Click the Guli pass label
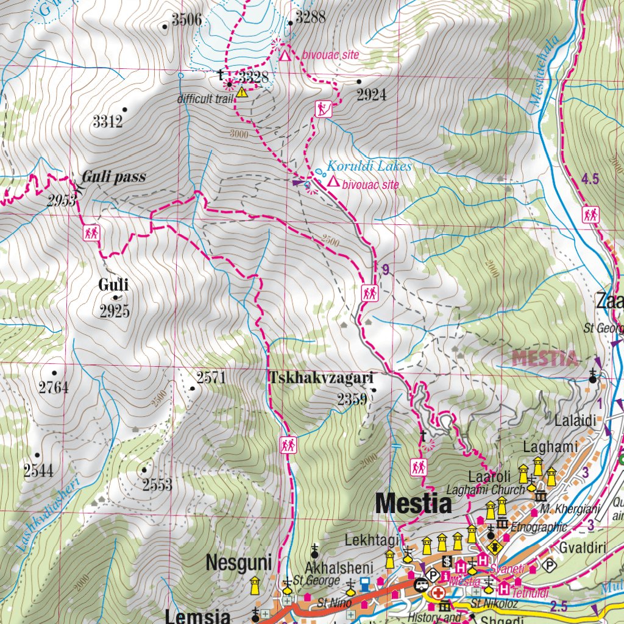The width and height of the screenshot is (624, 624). (x=114, y=177)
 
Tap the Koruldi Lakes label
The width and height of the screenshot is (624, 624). (x=369, y=166)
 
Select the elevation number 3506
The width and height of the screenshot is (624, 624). (x=186, y=20)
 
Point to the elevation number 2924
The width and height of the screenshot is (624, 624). (x=372, y=95)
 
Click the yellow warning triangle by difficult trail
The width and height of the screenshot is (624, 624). (x=243, y=93)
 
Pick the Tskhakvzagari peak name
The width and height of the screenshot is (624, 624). (x=321, y=378)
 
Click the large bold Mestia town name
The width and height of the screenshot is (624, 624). (x=414, y=504)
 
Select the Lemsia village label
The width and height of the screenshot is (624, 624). (x=197, y=616)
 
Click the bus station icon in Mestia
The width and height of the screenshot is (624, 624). (x=420, y=585)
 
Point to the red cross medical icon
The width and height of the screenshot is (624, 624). (x=438, y=592)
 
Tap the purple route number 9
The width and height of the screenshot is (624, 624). (x=385, y=268)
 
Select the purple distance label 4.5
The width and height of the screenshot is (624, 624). (x=590, y=179)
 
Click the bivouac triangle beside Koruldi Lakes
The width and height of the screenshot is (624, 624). (x=333, y=182)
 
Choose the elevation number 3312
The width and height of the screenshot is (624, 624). (x=108, y=122)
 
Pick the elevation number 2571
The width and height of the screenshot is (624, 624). (x=211, y=378)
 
